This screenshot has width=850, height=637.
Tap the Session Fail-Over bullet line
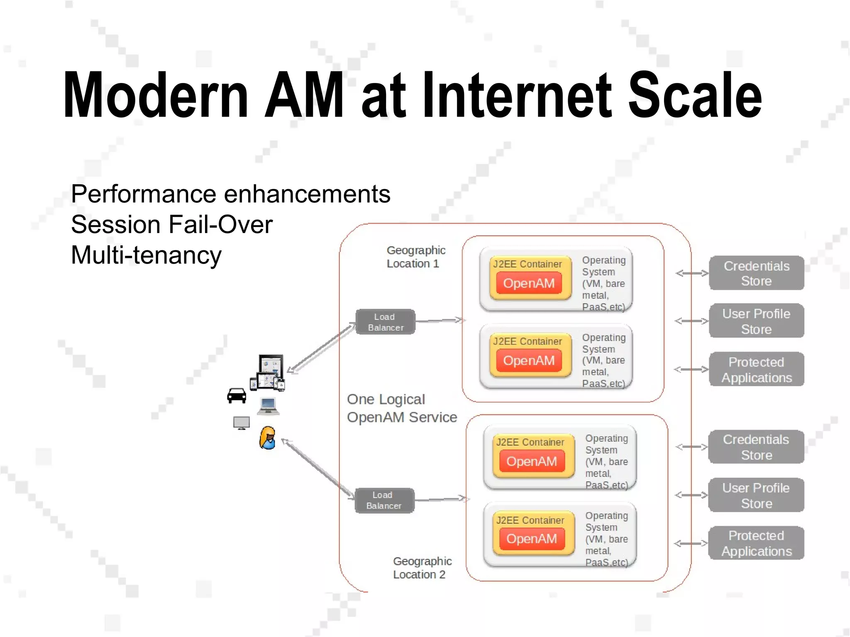172,225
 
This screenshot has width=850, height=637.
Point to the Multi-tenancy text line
146,255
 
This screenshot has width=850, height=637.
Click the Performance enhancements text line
230,194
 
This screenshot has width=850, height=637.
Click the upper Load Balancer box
385,322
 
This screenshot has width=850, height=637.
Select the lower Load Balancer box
384,501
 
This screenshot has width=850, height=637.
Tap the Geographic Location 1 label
415,257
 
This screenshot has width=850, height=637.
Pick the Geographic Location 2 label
422,568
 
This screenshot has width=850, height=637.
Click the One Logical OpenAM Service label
401,408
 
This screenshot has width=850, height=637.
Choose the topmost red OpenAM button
529,283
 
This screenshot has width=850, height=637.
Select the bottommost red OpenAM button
532,539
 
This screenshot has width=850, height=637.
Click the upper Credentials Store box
756,273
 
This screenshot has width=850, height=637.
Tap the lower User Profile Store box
756,496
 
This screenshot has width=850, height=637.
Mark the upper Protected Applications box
756,370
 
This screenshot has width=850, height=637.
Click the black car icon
237,396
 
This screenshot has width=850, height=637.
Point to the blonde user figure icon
268,438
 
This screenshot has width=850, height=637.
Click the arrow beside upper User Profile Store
691,321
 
